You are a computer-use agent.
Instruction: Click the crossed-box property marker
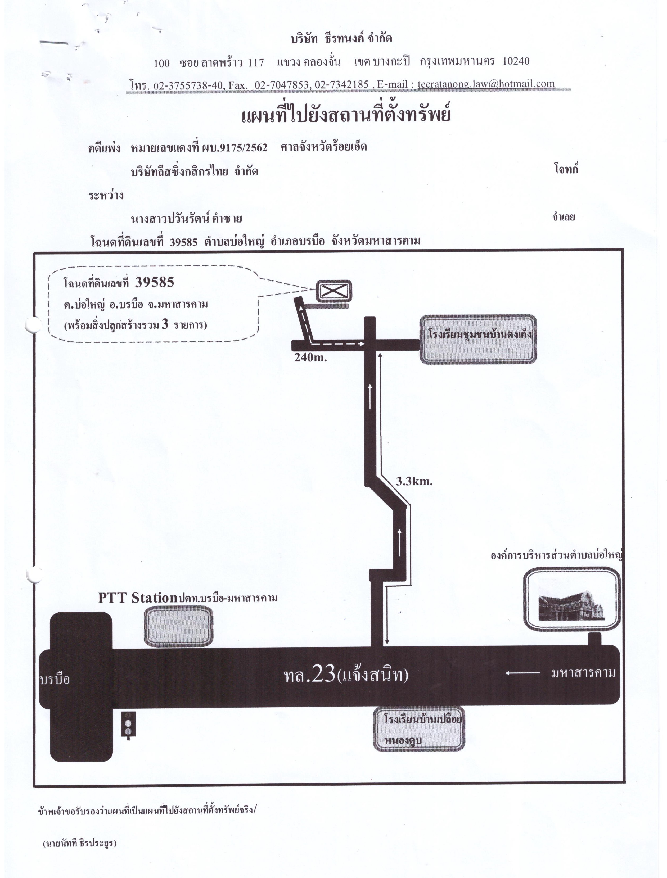coord(334,291)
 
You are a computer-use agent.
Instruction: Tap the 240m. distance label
coord(310,357)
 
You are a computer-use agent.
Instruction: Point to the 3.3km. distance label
coord(414,482)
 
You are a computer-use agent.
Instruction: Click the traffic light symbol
coord(128,725)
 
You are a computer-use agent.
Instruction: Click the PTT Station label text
coord(137,598)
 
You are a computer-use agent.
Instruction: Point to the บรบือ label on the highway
coord(55,679)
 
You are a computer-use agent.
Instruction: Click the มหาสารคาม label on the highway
coord(584,672)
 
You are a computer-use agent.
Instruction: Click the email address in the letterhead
coord(486,84)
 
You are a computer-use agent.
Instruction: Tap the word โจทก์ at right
coord(566,169)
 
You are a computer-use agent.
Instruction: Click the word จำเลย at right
coord(563,217)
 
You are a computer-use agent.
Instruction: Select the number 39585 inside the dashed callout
coord(155,282)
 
